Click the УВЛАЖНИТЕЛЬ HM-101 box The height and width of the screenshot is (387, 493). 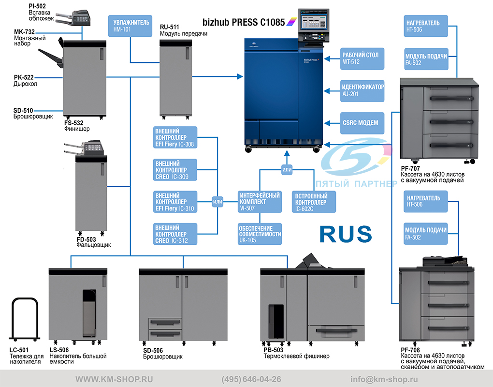tap(130, 26)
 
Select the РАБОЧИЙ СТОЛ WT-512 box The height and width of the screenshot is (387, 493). tap(362, 59)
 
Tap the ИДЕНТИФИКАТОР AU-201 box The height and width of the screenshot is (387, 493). tap(362, 91)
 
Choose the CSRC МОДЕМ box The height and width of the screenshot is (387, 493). tap(362, 123)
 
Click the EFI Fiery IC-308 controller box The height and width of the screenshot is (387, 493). tap(175, 137)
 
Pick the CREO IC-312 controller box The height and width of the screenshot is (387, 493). tap(175, 234)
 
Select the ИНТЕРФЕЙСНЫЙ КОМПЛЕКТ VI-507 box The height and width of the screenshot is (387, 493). tap(260, 202)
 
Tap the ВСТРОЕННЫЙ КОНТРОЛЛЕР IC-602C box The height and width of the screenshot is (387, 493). tap(314, 202)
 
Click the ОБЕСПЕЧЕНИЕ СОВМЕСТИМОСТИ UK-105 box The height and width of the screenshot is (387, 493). tap(260, 234)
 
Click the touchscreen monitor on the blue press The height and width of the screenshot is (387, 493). tap(314, 22)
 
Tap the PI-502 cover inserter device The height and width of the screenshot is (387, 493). tap(73, 18)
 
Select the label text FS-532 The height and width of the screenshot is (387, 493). tap(74, 123)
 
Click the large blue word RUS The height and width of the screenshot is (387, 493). tap(346, 234)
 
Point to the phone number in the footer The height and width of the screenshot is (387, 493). tap(251, 379)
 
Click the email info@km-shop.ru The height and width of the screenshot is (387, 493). tap(384, 379)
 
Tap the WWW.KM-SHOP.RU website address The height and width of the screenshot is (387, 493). tap(114, 379)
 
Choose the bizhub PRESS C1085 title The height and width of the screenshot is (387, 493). tap(244, 22)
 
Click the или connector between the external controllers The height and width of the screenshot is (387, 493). tap(217, 202)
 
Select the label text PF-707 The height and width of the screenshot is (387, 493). tap(410, 168)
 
